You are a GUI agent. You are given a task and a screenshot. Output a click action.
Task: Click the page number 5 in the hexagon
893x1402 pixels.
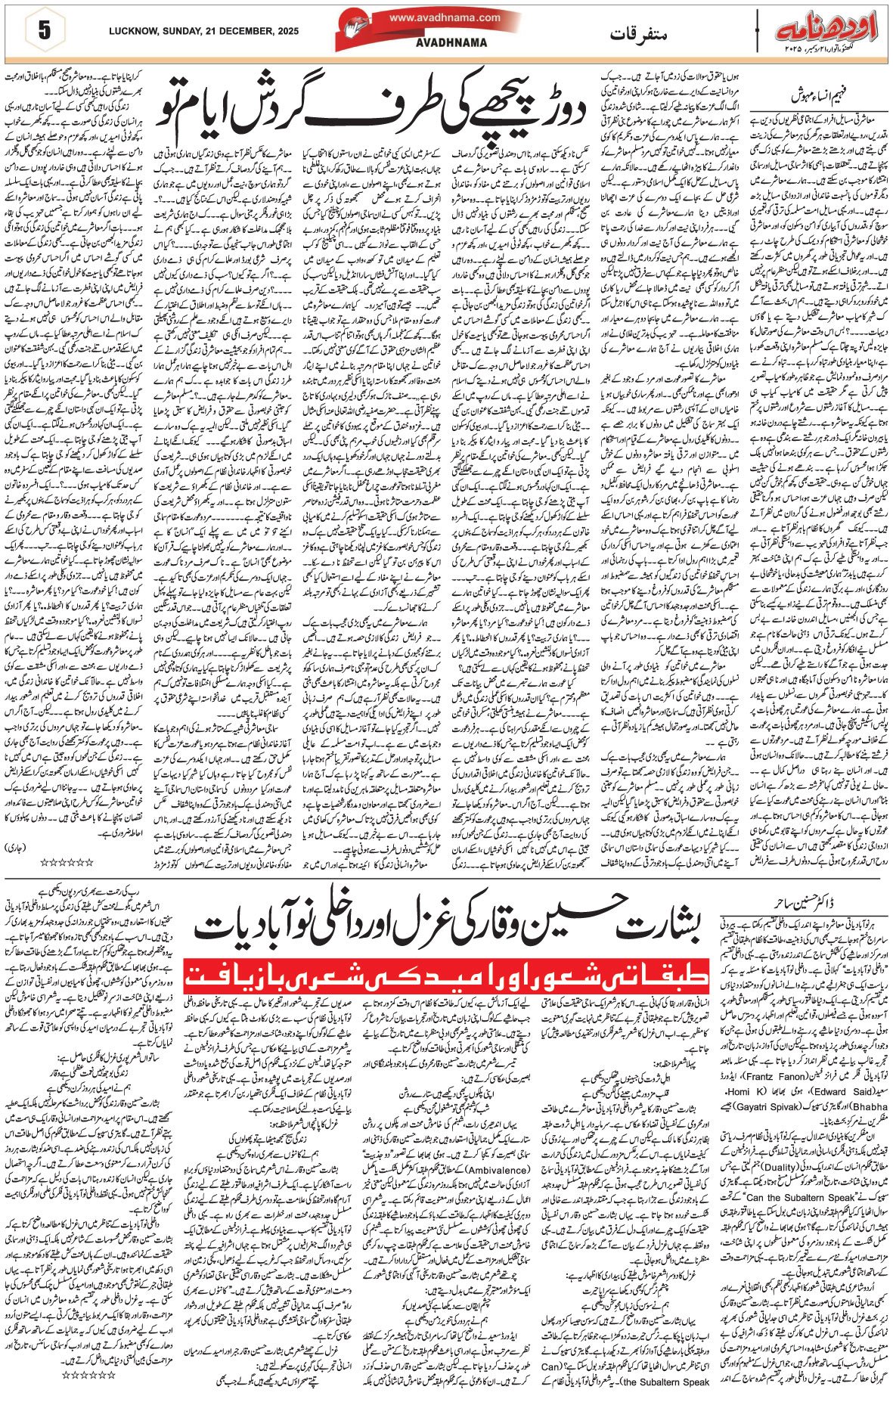(x=44, y=30)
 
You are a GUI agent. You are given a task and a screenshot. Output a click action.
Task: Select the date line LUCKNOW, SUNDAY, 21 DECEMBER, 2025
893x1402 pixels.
(x=203, y=31)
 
